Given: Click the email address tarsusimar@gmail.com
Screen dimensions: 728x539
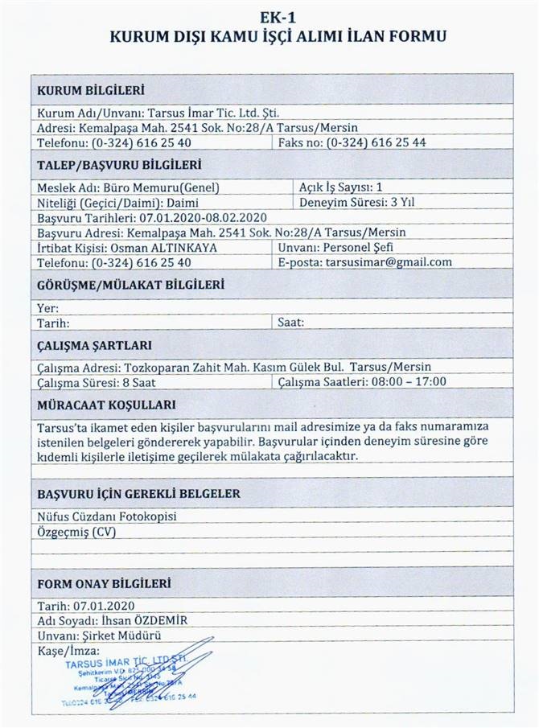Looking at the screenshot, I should [x=389, y=262].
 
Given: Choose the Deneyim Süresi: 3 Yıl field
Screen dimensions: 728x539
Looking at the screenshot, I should [x=357, y=203].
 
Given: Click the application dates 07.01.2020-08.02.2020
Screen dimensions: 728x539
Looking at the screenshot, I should [x=203, y=218].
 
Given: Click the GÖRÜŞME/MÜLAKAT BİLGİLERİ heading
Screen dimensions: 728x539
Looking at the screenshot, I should [x=130, y=285].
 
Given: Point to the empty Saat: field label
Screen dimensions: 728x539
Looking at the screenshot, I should [x=291, y=323].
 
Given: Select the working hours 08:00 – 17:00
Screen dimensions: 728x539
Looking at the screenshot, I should [x=408, y=381].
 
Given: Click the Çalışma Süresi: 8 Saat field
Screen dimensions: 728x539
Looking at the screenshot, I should [x=91, y=381].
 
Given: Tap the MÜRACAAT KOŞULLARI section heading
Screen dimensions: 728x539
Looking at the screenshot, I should [x=107, y=405].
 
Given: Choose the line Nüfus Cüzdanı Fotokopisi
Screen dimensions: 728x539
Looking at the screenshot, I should [x=107, y=516].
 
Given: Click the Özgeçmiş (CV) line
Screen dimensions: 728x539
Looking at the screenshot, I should [x=76, y=532].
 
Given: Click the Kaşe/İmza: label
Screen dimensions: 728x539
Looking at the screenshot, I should [x=68, y=650].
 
